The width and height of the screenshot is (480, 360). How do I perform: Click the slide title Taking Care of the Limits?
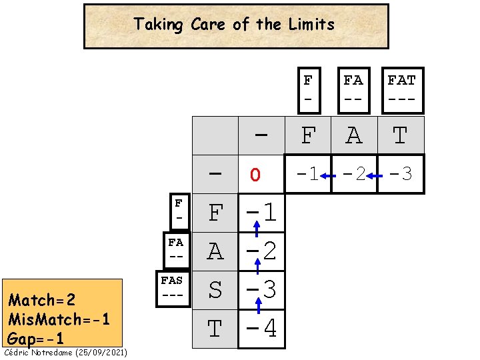click(x=234, y=25)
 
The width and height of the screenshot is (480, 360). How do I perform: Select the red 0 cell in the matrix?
click(x=254, y=175)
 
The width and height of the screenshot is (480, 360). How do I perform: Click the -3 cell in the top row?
click(x=400, y=174)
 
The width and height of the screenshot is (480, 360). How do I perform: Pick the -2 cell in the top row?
click(x=354, y=174)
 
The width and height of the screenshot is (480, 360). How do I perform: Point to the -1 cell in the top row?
click(x=307, y=174)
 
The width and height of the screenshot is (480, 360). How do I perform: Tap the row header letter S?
click(x=215, y=291)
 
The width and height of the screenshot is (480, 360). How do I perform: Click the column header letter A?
click(x=354, y=136)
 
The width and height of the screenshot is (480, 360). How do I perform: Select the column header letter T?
click(x=400, y=136)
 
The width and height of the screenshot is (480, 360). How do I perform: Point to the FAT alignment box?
click(x=401, y=90)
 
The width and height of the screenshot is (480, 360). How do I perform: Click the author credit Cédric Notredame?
click(x=65, y=352)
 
